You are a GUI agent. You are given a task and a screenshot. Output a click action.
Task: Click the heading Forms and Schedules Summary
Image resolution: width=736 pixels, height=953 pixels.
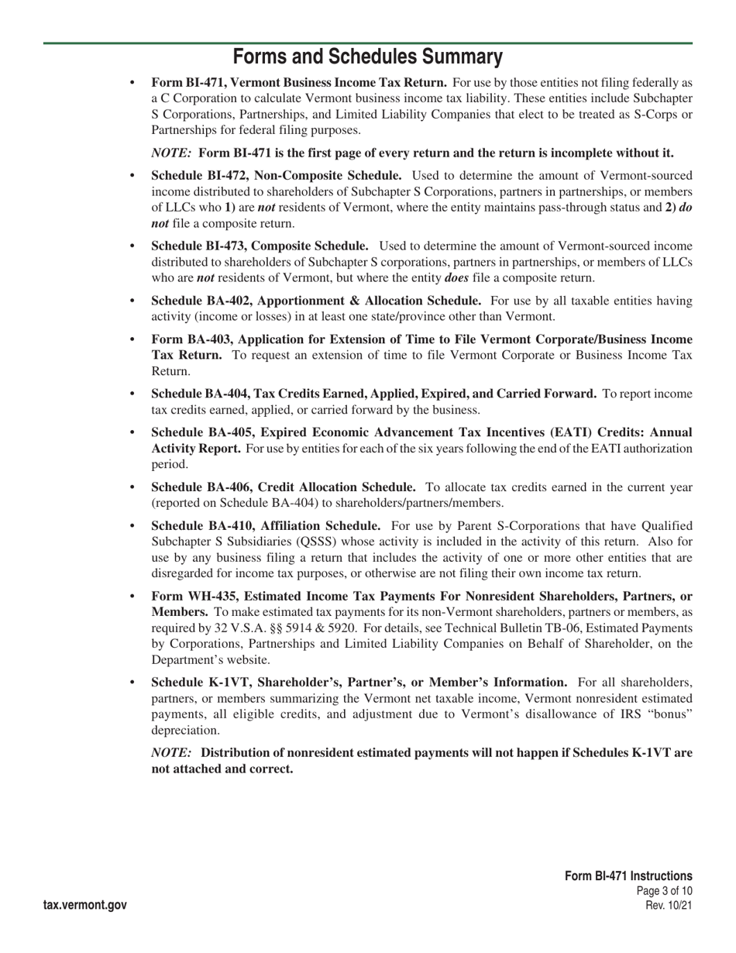point(368,57)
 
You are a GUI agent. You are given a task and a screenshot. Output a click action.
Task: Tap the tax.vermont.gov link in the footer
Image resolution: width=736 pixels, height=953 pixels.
point(85,905)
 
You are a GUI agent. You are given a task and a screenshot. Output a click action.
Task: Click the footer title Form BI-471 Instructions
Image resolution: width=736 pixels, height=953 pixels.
point(628,876)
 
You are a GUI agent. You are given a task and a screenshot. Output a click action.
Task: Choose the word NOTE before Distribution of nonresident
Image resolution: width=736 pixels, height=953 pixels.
point(172,752)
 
